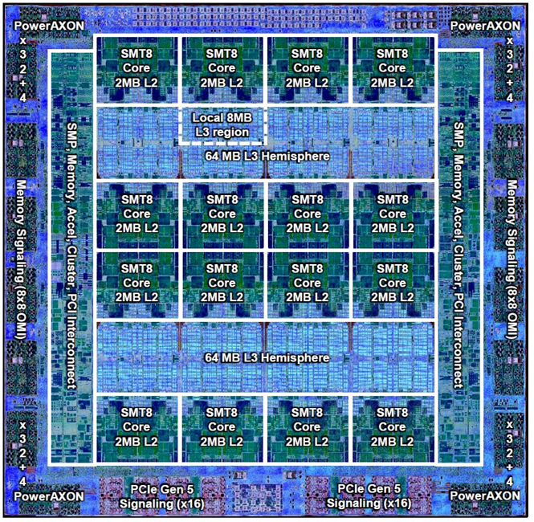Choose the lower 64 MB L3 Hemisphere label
click(x=267, y=357)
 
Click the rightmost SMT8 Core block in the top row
click(x=393, y=69)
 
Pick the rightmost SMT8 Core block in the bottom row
click(x=393, y=427)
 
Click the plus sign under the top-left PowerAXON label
click(x=22, y=83)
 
